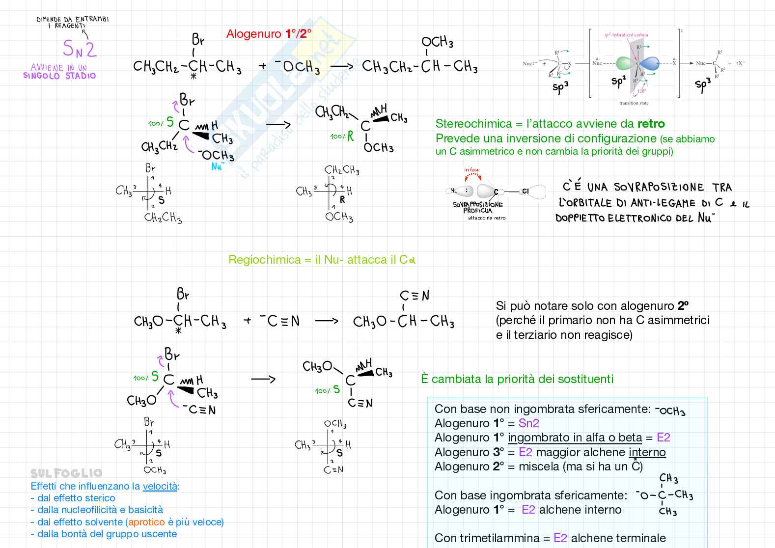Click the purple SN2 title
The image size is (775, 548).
(80, 49)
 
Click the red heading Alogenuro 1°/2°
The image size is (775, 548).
(269, 34)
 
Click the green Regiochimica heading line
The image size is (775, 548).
(322, 260)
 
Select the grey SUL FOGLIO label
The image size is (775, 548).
(66, 473)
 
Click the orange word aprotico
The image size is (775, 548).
(146, 522)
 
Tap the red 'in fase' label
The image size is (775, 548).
(471, 170)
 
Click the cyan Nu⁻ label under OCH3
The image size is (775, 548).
(218, 166)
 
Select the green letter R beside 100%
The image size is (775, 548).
(351, 137)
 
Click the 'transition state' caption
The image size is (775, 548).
(634, 103)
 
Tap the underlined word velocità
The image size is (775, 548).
(160, 487)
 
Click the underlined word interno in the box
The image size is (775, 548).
(647, 452)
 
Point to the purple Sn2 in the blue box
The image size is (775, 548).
(528, 423)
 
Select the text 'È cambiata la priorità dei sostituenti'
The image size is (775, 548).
(517, 379)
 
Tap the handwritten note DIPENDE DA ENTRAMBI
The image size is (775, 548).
(73, 20)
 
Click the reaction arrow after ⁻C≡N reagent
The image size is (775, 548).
(326, 321)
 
